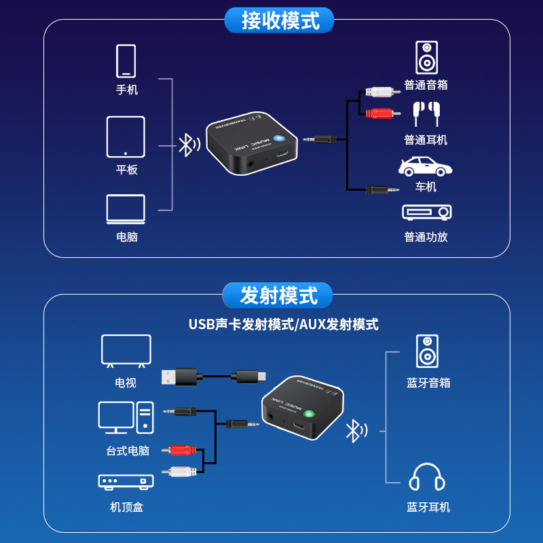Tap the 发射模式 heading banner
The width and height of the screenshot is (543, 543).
[x=278, y=296]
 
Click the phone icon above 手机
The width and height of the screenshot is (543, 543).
[x=126, y=61]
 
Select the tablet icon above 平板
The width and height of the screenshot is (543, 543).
[x=126, y=136]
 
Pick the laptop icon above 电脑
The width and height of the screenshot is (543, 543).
[x=126, y=209]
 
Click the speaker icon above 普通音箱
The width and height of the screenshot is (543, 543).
[x=426, y=58]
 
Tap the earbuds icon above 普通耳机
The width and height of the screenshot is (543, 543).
[x=426, y=113]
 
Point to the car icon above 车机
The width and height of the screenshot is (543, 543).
[x=426, y=167]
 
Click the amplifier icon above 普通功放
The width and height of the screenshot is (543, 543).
[x=426, y=212]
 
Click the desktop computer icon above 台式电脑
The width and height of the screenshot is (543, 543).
[x=126, y=418]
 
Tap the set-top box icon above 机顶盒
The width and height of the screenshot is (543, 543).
[x=126, y=481]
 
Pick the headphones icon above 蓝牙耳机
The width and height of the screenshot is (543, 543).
[x=427, y=477]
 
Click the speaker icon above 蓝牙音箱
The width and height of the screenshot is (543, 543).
[x=427, y=352]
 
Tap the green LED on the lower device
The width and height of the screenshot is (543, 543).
[x=309, y=415]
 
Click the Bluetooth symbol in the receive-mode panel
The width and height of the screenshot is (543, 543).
[x=187, y=145]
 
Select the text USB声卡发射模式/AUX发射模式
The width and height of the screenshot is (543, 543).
[x=283, y=324]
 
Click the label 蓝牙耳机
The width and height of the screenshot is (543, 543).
[x=428, y=507]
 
